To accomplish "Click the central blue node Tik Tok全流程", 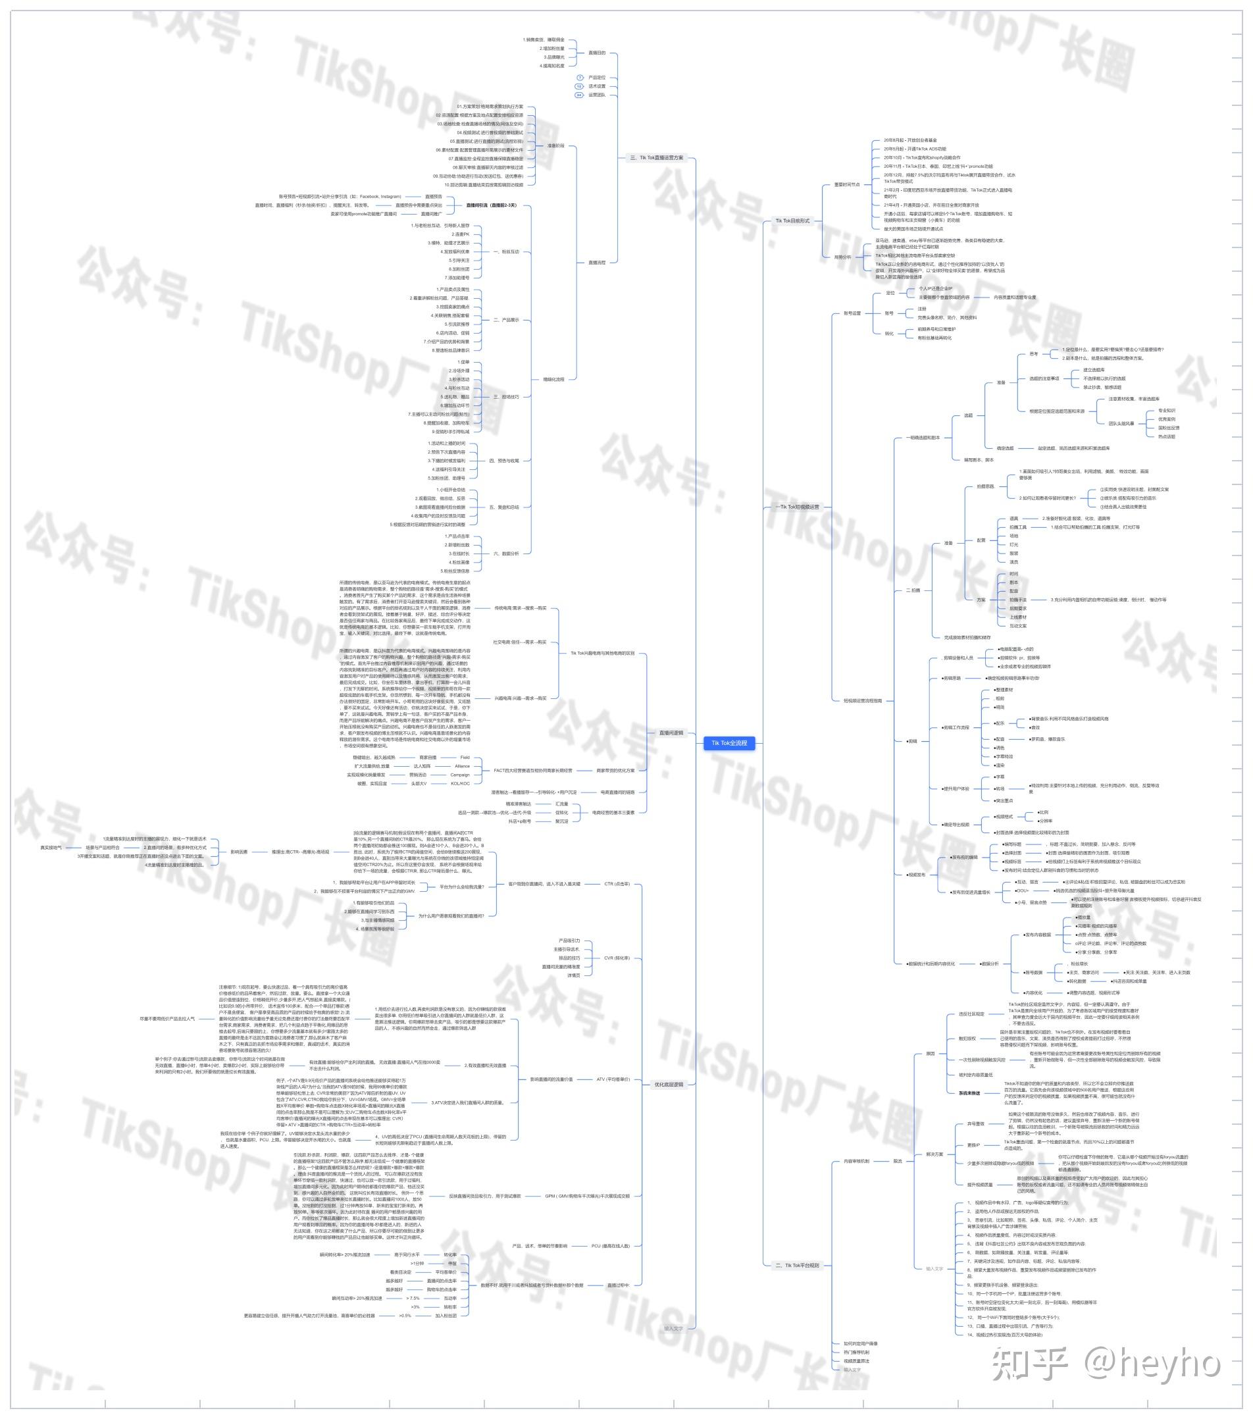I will [729, 743].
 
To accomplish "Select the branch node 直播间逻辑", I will [671, 733].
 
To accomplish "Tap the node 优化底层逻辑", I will [669, 1084].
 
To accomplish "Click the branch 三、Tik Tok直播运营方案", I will [656, 157].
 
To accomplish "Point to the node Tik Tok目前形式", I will [792, 220].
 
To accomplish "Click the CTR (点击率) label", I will [617, 884].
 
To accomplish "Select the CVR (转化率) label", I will [617, 958].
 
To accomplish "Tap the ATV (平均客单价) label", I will [613, 1079].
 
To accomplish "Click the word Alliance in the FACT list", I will [461, 765].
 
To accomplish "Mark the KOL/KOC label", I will [460, 783].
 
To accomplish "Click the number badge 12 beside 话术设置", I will [579, 86].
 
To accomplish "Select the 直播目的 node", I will [596, 53].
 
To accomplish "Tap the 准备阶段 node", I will [555, 146].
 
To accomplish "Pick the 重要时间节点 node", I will [846, 185].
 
